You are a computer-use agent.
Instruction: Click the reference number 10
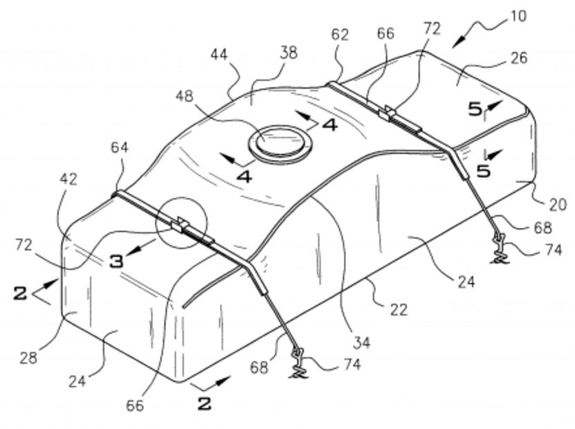518,16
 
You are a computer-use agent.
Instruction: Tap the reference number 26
518,58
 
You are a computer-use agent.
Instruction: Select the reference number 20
558,205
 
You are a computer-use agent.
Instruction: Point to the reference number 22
399,310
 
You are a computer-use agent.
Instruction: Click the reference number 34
361,343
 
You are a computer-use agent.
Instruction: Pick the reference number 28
28,358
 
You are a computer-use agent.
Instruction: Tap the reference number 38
288,53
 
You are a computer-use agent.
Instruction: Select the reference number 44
219,55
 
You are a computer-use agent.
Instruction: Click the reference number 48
184,96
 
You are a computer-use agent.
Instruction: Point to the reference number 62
340,35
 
